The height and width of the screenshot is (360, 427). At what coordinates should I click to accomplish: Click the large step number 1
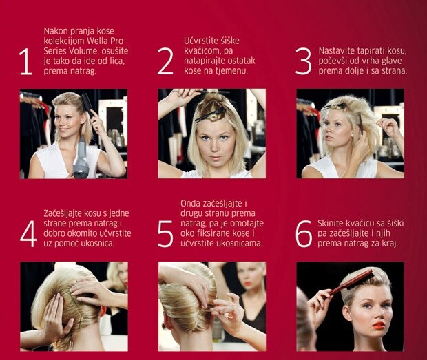click(x=27, y=61)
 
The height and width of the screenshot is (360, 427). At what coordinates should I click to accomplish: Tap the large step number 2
click(x=165, y=61)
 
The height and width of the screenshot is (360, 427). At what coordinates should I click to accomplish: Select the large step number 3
click(x=303, y=61)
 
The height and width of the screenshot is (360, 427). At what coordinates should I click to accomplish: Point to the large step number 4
click(x=28, y=234)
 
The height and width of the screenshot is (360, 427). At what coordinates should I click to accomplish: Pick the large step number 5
click(x=165, y=234)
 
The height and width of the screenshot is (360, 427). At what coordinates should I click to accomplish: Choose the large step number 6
click(x=304, y=234)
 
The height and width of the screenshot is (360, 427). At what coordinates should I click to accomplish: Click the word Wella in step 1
click(x=98, y=41)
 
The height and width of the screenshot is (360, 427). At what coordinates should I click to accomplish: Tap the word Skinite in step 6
click(x=331, y=224)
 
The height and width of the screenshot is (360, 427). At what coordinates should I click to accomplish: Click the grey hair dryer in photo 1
click(x=81, y=157)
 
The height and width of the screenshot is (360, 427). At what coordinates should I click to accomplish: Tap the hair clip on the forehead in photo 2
click(x=210, y=115)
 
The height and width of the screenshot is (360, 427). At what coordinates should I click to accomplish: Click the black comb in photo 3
click(x=361, y=123)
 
